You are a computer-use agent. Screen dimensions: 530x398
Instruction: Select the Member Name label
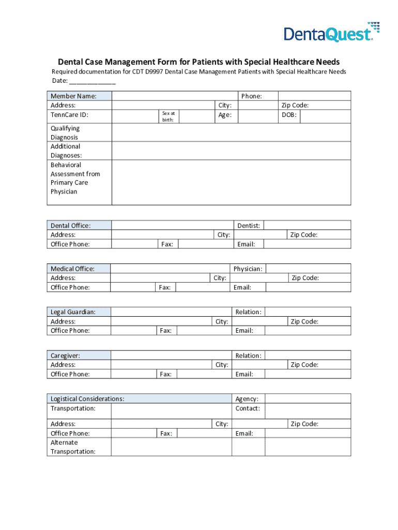pyautogui.click(x=73, y=96)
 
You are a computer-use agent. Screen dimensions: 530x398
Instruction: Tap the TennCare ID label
pyautogui.click(x=70, y=115)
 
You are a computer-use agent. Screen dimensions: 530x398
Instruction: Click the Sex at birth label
pyautogui.click(x=169, y=116)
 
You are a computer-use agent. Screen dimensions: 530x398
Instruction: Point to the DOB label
pyautogui.click(x=289, y=115)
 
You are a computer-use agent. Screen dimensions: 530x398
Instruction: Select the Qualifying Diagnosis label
pyautogui.click(x=65, y=133)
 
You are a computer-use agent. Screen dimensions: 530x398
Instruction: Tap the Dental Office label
pyautogui.click(x=70, y=226)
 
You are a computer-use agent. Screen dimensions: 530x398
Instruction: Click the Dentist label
pyautogui.click(x=249, y=226)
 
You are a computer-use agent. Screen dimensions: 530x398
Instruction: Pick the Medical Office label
pyautogui.click(x=72, y=269)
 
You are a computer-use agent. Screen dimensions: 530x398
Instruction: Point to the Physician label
pyautogui.click(x=248, y=269)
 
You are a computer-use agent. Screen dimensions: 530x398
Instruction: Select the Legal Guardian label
pyautogui.click(x=73, y=312)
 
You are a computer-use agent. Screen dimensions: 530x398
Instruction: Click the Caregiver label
pyautogui.click(x=65, y=356)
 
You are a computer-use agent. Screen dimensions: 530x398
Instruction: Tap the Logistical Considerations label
pyautogui.click(x=87, y=399)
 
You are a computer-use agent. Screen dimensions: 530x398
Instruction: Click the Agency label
pyautogui.click(x=247, y=399)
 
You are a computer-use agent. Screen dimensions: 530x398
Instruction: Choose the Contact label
pyautogui.click(x=247, y=408)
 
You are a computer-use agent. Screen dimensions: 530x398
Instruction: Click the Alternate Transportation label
pyautogui.click(x=73, y=447)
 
